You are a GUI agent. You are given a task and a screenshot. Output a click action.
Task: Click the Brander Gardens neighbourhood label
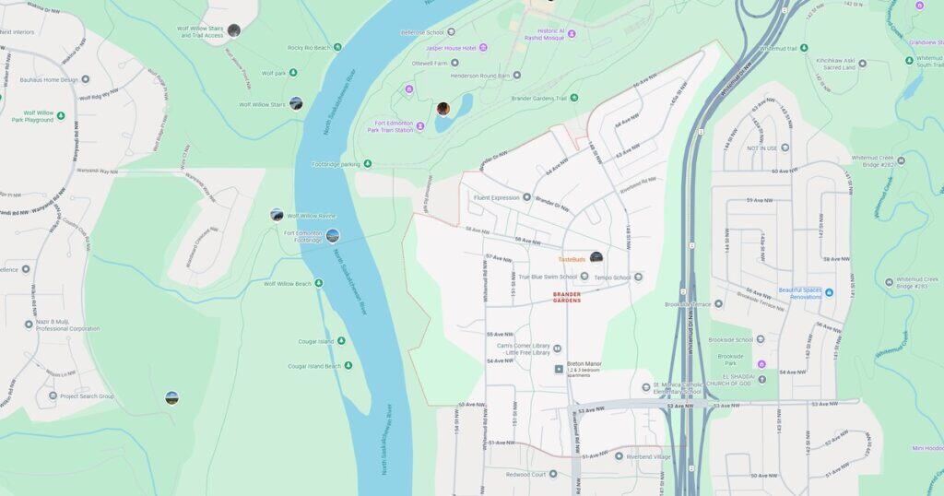point(567,297)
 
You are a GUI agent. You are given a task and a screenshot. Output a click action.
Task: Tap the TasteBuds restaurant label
point(572,259)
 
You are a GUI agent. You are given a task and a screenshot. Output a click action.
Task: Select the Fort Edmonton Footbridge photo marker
point(333,235)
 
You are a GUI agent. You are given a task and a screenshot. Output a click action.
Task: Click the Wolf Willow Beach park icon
point(319,283)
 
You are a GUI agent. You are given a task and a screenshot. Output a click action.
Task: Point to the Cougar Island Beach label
point(314,366)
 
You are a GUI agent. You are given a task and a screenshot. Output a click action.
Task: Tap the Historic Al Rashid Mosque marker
point(572,33)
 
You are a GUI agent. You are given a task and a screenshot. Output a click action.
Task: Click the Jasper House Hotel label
point(450,47)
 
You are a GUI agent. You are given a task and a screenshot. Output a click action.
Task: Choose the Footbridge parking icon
point(368,164)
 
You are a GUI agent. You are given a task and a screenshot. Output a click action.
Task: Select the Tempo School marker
point(638,277)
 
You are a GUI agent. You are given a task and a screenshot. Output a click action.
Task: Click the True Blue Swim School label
point(548,277)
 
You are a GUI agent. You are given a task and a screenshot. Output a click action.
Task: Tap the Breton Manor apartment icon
point(559,369)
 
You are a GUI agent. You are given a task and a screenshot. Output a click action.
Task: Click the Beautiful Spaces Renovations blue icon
point(829,292)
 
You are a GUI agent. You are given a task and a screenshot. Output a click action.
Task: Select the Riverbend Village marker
point(619,455)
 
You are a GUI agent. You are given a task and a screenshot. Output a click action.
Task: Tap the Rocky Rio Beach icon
point(337,47)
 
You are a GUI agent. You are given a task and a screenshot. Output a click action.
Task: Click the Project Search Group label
point(87,396)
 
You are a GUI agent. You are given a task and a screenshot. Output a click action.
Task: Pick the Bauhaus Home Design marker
point(85,79)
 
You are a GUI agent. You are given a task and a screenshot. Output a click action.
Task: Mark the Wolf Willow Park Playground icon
point(61,115)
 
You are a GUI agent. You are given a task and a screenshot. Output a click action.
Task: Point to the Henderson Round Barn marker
point(516,76)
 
